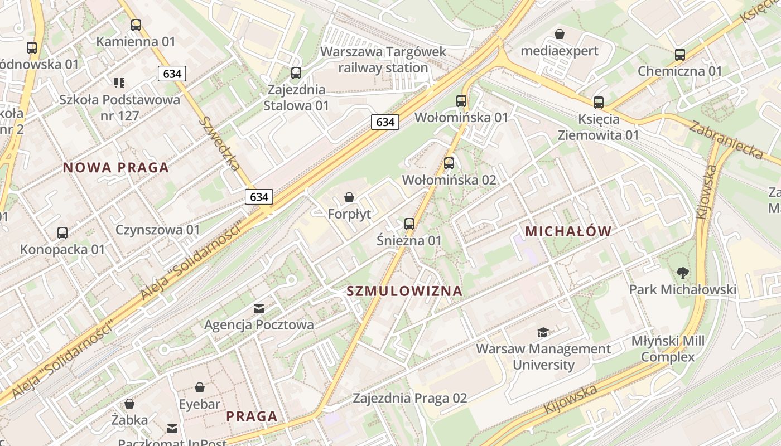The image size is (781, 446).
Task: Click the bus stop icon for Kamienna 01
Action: click(x=136, y=25)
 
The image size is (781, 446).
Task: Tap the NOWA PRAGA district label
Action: click(x=115, y=167)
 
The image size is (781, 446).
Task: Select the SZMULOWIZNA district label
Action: click(x=404, y=290)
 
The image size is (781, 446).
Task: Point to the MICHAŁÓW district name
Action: click(x=568, y=231)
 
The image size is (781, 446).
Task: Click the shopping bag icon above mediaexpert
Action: click(x=560, y=35)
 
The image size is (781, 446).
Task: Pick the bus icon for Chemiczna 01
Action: click(x=679, y=55)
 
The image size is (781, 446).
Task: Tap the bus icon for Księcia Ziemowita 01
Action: click(x=599, y=103)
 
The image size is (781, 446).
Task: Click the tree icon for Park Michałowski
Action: click(x=682, y=273)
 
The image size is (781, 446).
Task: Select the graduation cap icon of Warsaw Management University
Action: click(x=543, y=333)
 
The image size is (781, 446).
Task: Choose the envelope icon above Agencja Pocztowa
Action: click(x=259, y=308)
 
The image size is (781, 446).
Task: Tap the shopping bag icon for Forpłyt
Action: click(x=349, y=197)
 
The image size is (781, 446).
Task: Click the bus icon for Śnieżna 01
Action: click(x=409, y=224)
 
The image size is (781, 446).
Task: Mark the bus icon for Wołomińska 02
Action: click(x=449, y=163)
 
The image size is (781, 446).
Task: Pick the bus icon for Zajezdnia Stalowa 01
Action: click(x=296, y=73)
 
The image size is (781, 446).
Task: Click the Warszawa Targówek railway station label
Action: click(x=383, y=60)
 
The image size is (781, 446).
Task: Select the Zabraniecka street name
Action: click(x=725, y=139)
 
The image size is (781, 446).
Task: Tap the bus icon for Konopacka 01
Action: click(x=62, y=233)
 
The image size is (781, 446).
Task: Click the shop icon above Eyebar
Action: click(x=200, y=387)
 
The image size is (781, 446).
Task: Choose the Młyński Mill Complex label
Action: click(x=668, y=348)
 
